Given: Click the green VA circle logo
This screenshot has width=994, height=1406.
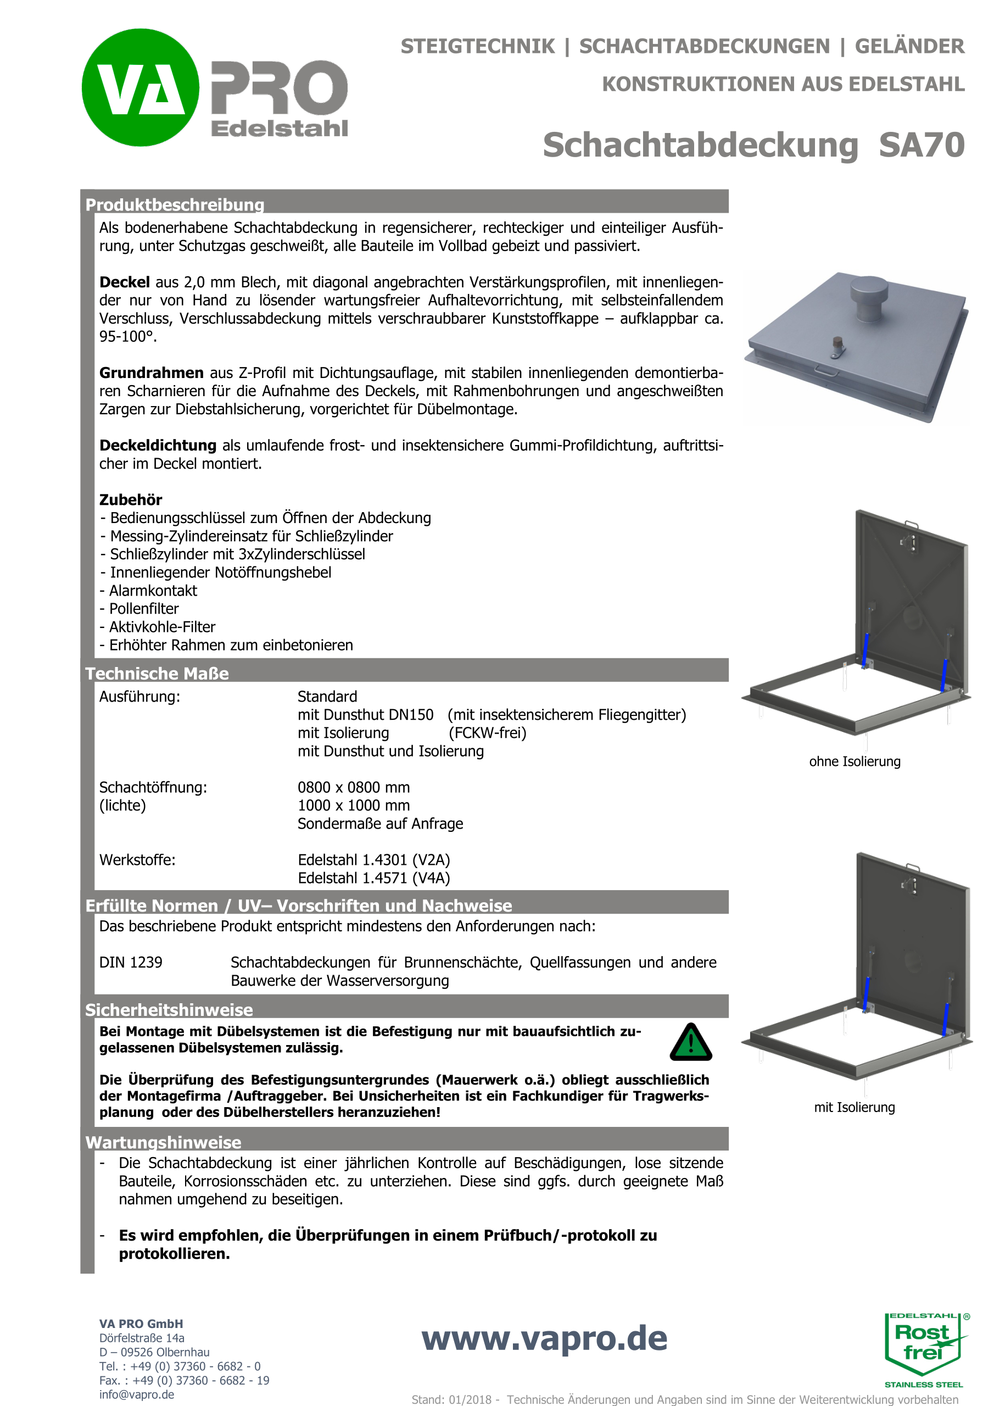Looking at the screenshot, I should [140, 87].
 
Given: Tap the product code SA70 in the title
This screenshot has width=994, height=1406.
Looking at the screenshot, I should [921, 146].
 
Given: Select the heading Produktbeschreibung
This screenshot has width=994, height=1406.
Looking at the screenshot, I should [175, 204].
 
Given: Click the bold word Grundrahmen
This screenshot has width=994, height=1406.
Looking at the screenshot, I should [151, 373].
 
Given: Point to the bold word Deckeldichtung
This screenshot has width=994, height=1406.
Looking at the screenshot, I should [158, 445].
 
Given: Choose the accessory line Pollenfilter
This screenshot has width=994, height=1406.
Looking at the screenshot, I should [144, 609].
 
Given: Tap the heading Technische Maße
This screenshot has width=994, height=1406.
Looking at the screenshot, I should [157, 674].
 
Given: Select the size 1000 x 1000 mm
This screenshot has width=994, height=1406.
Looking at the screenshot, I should [354, 806].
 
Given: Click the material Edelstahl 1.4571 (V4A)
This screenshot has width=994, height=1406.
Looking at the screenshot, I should [374, 878].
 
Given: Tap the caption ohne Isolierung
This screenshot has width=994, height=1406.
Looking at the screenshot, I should [855, 762].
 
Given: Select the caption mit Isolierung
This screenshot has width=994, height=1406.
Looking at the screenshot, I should [855, 1107].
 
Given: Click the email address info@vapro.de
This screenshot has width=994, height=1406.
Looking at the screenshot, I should [137, 1394].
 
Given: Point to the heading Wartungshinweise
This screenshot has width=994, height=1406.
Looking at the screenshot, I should [163, 1143].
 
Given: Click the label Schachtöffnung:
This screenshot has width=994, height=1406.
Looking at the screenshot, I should [153, 787].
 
